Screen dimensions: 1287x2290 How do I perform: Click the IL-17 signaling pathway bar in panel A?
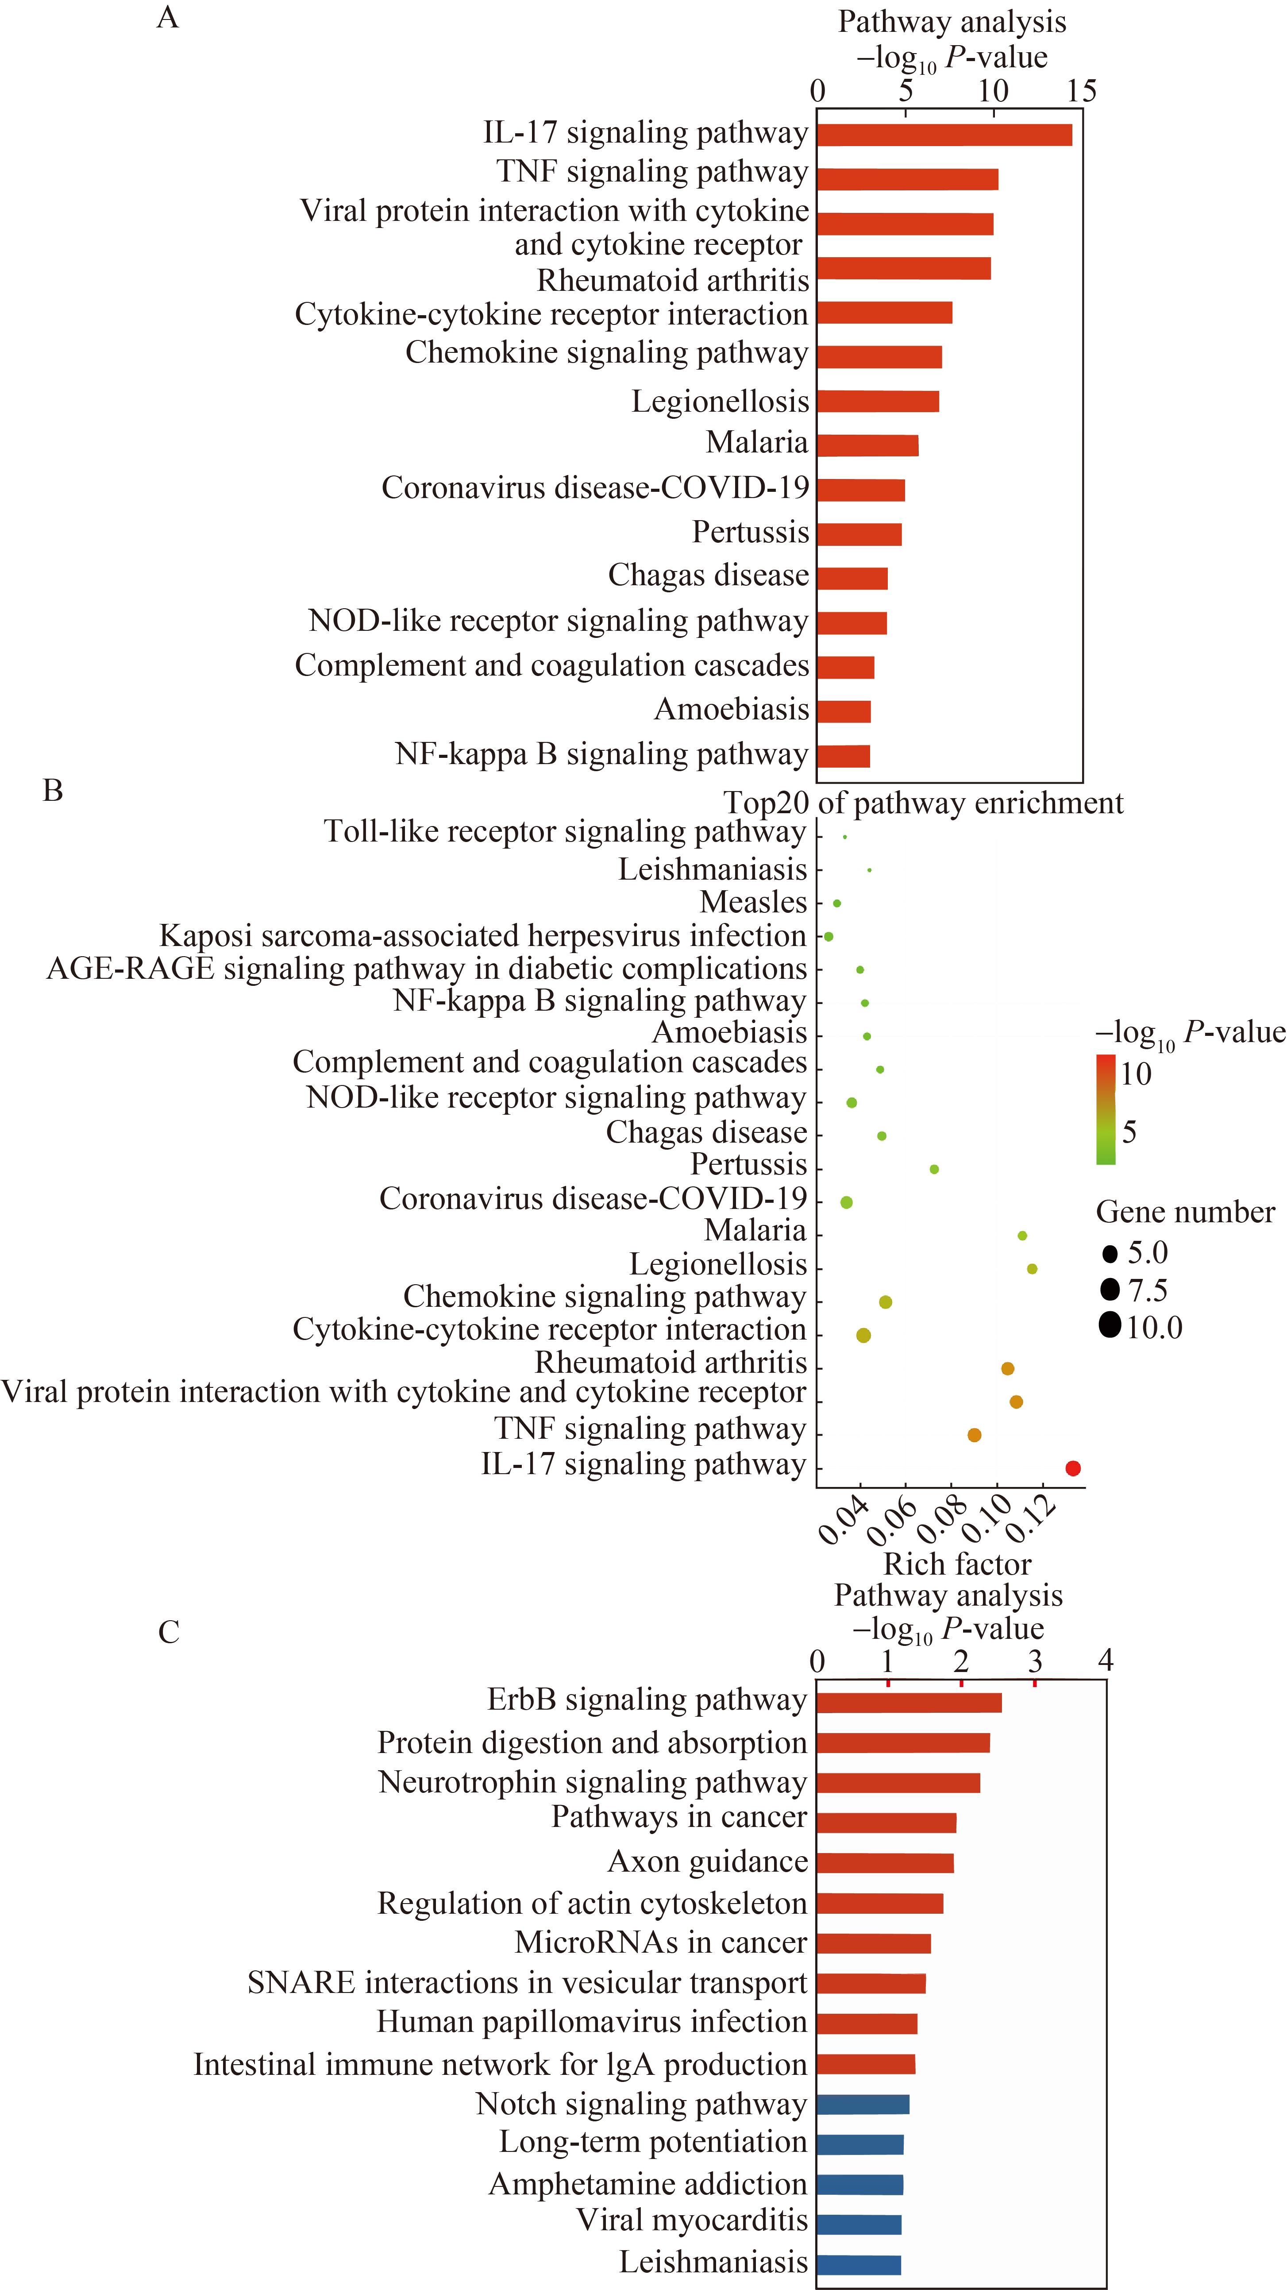[x=945, y=134]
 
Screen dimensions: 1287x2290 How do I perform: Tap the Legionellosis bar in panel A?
[x=878, y=401]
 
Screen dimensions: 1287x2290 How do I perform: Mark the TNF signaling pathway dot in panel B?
[x=974, y=1435]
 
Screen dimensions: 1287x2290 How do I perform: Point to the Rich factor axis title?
[x=957, y=1564]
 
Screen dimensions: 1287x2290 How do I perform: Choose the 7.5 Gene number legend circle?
[x=1109, y=1290]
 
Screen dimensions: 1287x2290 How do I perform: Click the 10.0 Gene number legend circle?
[x=1109, y=1327]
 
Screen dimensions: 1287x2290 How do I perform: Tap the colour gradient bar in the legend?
[x=1106, y=1108]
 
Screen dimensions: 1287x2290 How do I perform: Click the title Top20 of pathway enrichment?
[x=924, y=803]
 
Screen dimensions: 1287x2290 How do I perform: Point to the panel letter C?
[x=169, y=1632]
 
